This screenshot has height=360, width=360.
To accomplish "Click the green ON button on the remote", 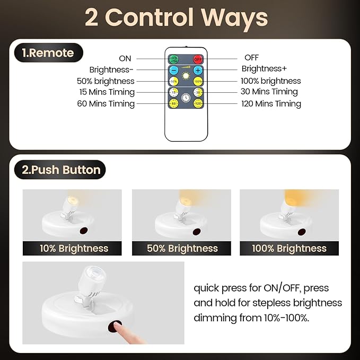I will click(173, 59).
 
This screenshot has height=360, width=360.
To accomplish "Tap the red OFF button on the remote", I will click(198, 59).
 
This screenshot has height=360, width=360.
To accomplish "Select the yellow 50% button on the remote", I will click(173, 82).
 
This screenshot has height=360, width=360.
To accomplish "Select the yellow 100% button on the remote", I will click(198, 82).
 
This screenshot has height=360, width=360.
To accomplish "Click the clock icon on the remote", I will click(186, 98).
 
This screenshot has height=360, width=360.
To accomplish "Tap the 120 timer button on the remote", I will click(198, 104).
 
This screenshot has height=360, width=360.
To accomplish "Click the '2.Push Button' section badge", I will click(60, 170).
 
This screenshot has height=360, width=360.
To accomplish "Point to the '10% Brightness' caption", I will click(74, 248).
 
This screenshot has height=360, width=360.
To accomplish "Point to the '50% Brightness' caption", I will click(181, 248).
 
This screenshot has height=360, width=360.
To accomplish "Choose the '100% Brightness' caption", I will click(289, 248).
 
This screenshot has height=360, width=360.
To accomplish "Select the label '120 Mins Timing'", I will click(271, 104).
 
